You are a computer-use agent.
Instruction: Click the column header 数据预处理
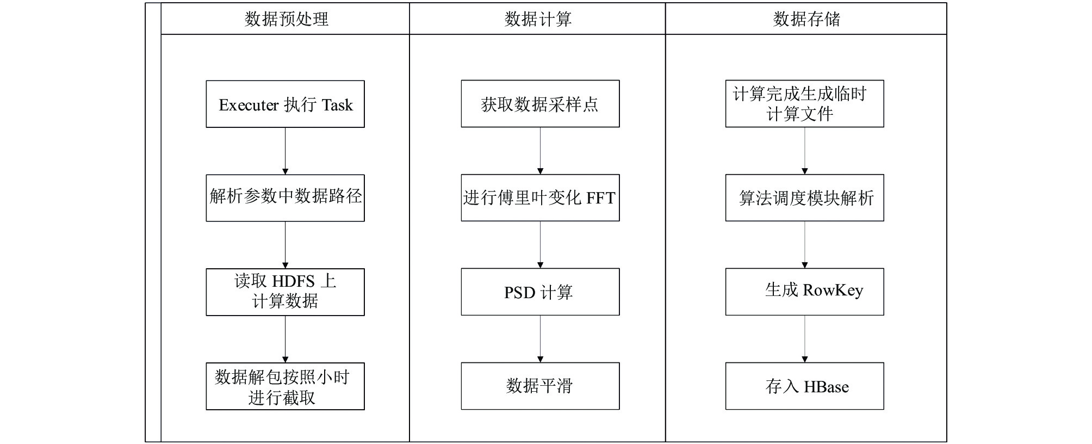286,19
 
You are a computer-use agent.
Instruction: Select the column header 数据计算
538,19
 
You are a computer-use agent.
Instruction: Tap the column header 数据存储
806,19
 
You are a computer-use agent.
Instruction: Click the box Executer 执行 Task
285,104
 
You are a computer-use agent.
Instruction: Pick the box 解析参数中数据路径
285,198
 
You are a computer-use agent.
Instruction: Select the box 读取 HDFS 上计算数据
285,292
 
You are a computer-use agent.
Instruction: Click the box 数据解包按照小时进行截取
285,386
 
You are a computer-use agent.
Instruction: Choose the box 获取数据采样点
540,104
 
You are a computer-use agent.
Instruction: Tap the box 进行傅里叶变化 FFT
540,198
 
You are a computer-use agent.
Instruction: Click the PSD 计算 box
540,292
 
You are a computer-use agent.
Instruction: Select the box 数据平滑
540,386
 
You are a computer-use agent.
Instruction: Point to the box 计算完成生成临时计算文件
804,104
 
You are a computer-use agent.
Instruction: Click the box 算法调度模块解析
804,198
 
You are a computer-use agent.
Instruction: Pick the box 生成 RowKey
804,292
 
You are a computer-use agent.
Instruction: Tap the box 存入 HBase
804,386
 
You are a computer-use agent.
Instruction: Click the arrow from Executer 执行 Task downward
285,151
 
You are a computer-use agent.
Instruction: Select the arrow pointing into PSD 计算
540,245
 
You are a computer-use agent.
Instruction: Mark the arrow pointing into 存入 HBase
804,339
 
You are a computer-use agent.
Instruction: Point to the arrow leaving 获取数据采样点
540,151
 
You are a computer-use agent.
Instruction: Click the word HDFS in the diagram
293,282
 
